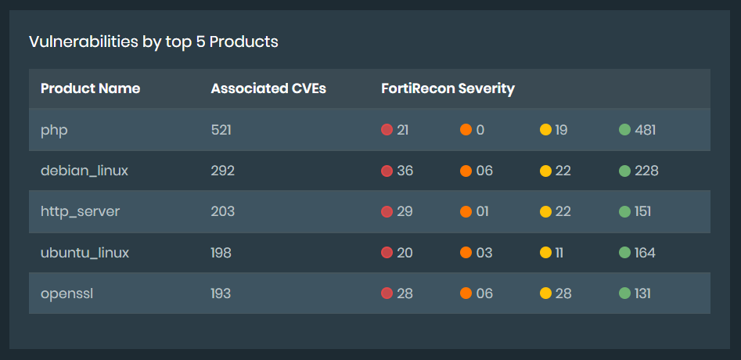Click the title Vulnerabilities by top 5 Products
(153, 42)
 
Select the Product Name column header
(90, 88)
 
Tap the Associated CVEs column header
(268, 88)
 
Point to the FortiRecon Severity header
(448, 88)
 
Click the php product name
(54, 130)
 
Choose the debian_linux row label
(84, 171)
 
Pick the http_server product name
(80, 211)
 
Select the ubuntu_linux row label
(85, 253)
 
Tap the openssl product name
(66, 293)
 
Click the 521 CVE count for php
(221, 130)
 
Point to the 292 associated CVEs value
(222, 171)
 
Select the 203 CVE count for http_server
(222, 211)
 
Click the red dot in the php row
(387, 130)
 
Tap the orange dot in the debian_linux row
(466, 171)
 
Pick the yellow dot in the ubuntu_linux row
(545, 253)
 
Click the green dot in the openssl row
(624, 293)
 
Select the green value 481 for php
(645, 130)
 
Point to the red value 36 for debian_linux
(405, 171)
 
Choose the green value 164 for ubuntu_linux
(645, 253)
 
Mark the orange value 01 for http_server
(484, 211)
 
